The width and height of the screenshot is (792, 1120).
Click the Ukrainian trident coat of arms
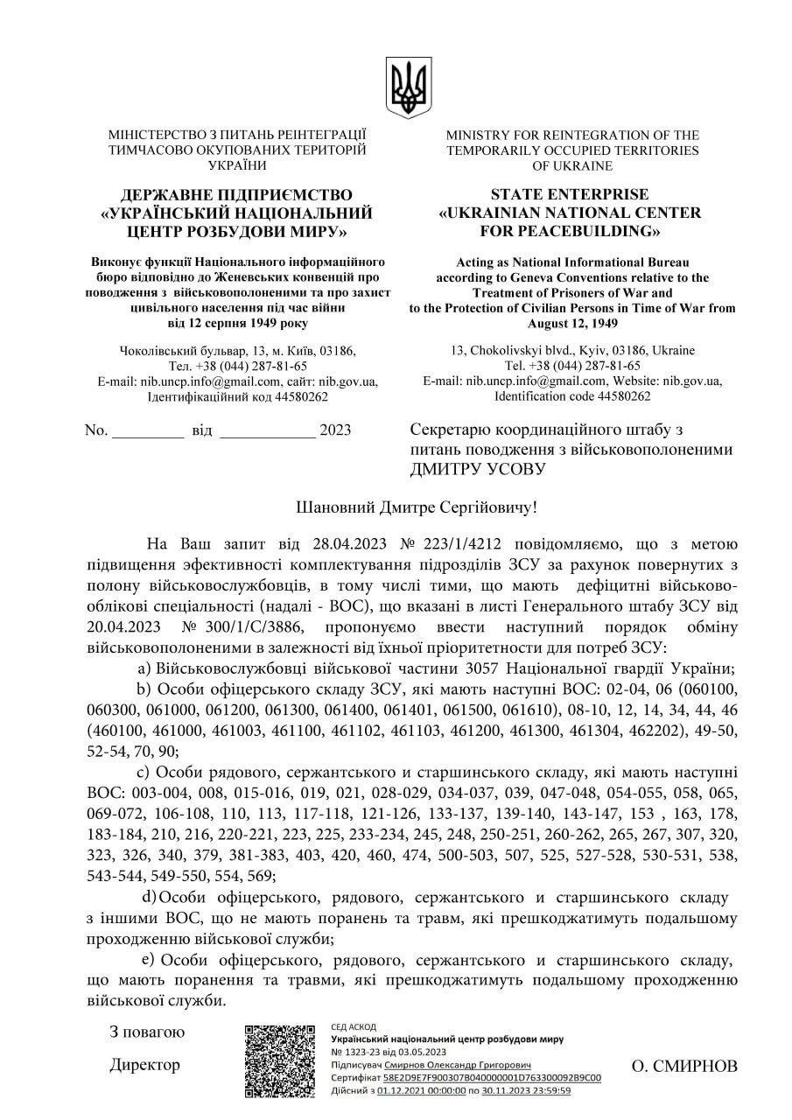(x=409, y=87)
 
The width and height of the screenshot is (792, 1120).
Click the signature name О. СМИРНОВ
(x=684, y=1066)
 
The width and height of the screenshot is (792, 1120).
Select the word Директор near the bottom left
(x=144, y=1065)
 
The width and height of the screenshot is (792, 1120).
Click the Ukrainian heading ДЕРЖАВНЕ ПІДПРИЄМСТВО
(x=236, y=193)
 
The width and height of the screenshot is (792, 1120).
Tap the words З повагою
(x=147, y=1032)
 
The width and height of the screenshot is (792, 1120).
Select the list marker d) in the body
(x=150, y=898)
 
